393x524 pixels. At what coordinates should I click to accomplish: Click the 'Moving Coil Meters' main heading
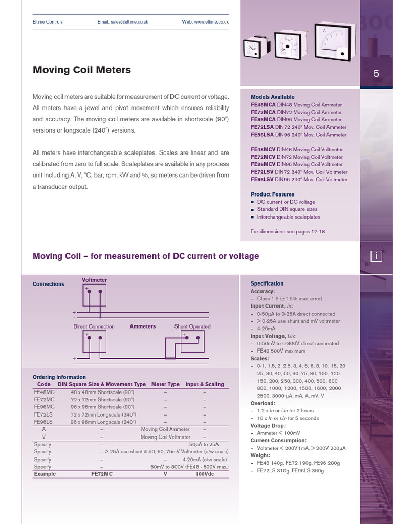pyautogui.click(x=82, y=70)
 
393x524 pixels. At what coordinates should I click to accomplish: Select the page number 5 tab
pyautogui.click(x=376, y=74)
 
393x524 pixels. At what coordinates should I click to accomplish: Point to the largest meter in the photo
pyautogui.click(x=333, y=41)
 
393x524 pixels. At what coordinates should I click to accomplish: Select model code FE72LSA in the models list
pyautogui.click(x=263, y=127)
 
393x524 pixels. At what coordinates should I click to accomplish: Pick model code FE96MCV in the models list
pyautogui.click(x=263, y=164)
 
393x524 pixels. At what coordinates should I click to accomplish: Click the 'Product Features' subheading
pyautogui.click(x=272, y=194)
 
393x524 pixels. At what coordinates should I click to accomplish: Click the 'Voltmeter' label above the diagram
pyautogui.click(x=95, y=280)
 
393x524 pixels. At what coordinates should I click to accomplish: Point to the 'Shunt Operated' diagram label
pyautogui.click(x=192, y=326)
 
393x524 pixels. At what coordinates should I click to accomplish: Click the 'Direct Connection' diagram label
pyautogui.click(x=94, y=326)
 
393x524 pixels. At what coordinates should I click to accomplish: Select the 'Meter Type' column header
pyautogui.click(x=166, y=384)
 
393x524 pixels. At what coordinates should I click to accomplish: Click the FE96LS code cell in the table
pyautogui.click(x=43, y=422)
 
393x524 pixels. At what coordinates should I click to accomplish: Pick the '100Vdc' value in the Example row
pyautogui.click(x=205, y=474)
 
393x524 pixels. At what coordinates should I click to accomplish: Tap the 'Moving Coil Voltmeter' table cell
pyautogui.click(x=165, y=438)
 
